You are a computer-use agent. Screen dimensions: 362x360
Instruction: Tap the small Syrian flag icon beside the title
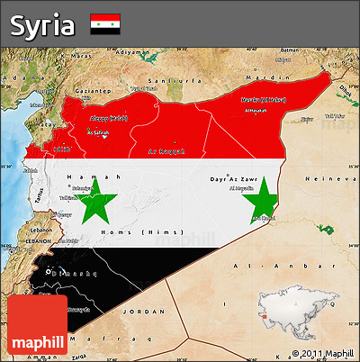105,24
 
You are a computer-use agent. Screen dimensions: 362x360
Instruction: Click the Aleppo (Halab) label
109,118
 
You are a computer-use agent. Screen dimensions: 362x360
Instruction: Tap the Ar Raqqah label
166,152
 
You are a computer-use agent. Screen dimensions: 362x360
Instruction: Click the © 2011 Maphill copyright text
320,352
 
